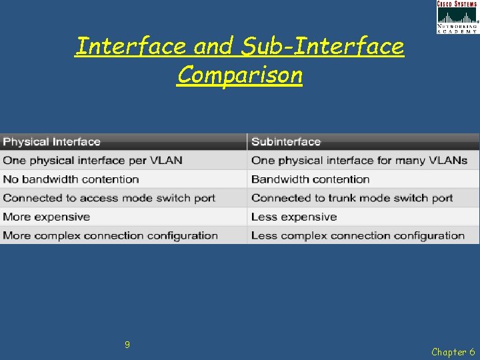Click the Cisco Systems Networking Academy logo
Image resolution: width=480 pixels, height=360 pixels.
pyautogui.click(x=457, y=17)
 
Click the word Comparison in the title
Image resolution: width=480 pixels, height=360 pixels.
pyautogui.click(x=240, y=75)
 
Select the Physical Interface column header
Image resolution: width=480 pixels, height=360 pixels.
pyautogui.click(x=52, y=141)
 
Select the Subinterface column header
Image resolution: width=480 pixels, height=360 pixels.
pyautogui.click(x=286, y=141)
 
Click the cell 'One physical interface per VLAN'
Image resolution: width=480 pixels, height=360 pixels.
pyautogui.click(x=93, y=160)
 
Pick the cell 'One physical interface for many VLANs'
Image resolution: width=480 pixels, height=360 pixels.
pyautogui.click(x=359, y=160)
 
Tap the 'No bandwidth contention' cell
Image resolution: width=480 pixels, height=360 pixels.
pyautogui.click(x=71, y=179)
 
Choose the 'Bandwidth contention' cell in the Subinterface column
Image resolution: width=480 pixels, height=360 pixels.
pyautogui.click(x=311, y=179)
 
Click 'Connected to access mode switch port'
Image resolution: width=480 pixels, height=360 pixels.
pyautogui.click(x=109, y=198)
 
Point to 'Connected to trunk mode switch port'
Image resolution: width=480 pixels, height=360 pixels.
pyautogui.click(x=352, y=198)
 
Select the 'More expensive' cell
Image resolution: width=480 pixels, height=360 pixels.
pyautogui.click(x=47, y=217)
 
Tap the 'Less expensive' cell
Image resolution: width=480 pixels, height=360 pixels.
pyautogui.click(x=294, y=217)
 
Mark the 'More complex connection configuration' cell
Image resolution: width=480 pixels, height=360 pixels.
pyautogui.click(x=111, y=235)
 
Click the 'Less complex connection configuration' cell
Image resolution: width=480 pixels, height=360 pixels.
pyautogui.click(x=358, y=235)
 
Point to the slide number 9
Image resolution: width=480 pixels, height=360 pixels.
pyautogui.click(x=127, y=345)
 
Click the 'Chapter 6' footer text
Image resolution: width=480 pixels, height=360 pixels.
pyautogui.click(x=453, y=352)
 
